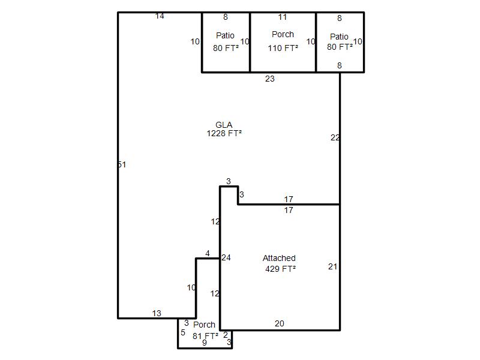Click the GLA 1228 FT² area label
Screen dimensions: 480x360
point(224,129)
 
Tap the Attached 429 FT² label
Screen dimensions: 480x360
point(280,263)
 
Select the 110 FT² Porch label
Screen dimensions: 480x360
point(283,41)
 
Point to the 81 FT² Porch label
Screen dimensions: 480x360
point(205,330)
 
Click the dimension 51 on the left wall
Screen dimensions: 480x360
point(122,164)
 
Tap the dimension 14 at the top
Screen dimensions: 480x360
point(160,16)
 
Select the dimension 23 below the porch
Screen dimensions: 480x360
point(269,79)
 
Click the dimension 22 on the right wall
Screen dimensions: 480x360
point(335,138)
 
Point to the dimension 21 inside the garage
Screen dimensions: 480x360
point(333,266)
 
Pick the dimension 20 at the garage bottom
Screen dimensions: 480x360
point(280,323)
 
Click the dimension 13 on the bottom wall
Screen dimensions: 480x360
point(157,313)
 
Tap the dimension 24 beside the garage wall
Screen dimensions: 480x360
point(226,258)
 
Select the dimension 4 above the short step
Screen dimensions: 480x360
point(208,253)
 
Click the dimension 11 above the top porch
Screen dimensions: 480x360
point(283,17)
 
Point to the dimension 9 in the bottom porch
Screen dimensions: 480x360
point(205,343)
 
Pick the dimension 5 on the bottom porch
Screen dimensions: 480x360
point(183,333)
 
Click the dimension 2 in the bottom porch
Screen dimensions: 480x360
point(226,335)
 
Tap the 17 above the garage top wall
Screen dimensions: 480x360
point(289,200)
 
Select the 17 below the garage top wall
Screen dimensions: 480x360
point(289,211)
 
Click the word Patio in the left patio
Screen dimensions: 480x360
point(226,35)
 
